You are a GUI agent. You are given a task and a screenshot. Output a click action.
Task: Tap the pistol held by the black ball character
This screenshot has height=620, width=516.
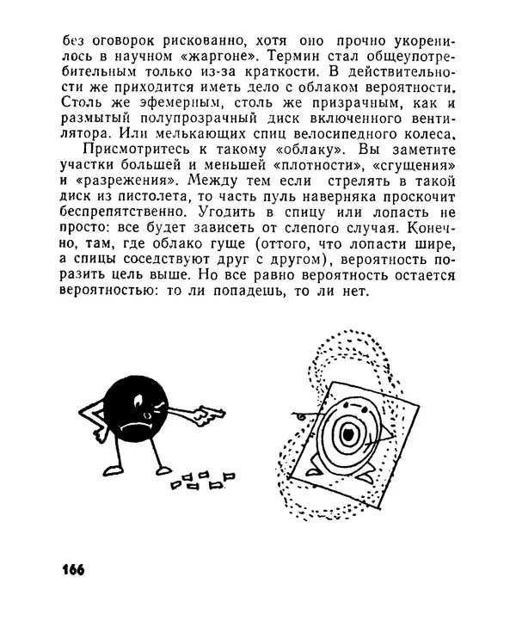pyautogui.click(x=206, y=414)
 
